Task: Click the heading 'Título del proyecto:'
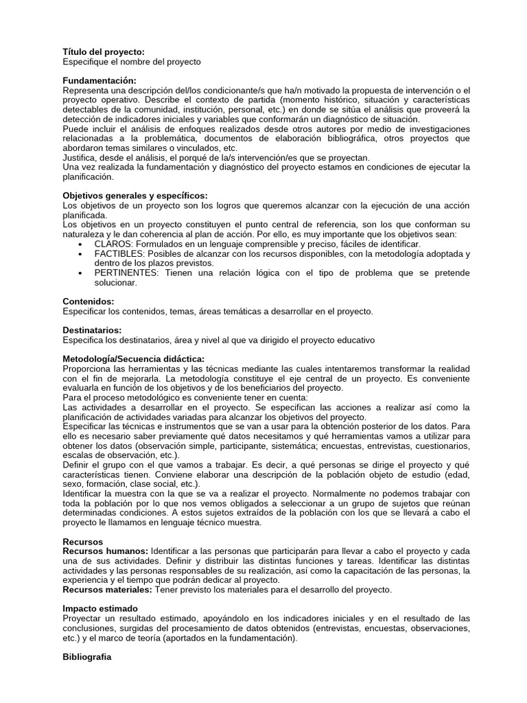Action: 104,52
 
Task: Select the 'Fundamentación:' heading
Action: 99,81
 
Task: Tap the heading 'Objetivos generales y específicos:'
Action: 134,196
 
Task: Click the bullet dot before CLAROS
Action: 82,244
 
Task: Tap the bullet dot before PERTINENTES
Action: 82,273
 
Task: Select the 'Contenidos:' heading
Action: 89,301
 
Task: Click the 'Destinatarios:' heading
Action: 92,330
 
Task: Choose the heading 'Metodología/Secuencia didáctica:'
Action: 133,359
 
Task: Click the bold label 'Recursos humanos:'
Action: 105,551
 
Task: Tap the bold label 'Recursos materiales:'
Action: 108,590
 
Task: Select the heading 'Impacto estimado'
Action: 100,608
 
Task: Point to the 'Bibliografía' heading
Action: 86,656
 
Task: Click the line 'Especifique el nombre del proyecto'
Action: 132,62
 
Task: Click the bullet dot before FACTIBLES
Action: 82,254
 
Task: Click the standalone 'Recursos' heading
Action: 82,542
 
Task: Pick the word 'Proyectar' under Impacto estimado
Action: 84,618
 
